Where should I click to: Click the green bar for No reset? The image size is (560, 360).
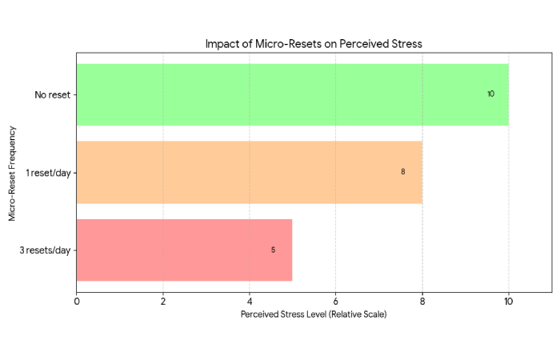click(292, 94)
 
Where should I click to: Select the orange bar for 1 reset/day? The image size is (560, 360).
click(249, 172)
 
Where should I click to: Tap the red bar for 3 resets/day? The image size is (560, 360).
click(184, 250)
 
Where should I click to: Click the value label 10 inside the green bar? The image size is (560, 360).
click(490, 94)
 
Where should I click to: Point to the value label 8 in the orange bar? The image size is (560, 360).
click(403, 172)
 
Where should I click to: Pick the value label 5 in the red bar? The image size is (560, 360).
click(273, 250)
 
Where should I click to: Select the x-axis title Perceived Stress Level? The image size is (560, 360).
click(314, 314)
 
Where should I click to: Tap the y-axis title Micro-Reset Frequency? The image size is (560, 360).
click(12, 172)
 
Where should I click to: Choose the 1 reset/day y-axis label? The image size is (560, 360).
click(48, 172)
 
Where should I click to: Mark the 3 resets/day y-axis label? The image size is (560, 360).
click(46, 250)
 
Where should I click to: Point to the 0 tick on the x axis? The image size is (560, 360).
click(77, 302)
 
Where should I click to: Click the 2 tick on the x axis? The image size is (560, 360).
click(163, 302)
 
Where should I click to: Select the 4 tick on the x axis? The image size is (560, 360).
click(250, 302)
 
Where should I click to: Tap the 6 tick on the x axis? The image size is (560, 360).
click(336, 302)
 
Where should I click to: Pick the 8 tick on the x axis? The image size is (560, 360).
click(422, 302)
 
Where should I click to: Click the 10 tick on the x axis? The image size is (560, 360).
click(509, 302)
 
